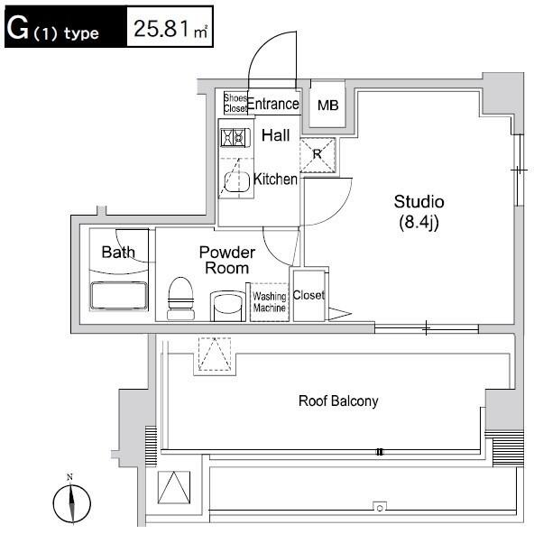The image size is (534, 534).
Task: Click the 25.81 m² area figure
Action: click(x=170, y=29)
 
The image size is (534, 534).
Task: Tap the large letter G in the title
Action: click(x=17, y=28)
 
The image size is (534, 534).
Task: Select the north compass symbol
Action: click(x=71, y=500)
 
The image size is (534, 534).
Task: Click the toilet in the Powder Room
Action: click(x=180, y=299)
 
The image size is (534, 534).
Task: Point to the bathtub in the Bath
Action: click(x=119, y=296)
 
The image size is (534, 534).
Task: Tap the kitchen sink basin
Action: click(x=236, y=182)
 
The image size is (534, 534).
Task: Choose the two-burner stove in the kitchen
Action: click(x=235, y=138)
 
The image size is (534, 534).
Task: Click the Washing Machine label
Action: click(x=270, y=302)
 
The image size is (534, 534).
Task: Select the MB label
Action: click(x=328, y=106)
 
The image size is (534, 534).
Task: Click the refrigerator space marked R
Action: click(x=318, y=154)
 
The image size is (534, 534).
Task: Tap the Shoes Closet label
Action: click(x=235, y=103)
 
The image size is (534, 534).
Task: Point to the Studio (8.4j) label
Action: click(x=419, y=212)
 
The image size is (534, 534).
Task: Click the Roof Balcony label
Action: click(x=338, y=400)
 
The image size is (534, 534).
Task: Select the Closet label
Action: click(x=308, y=295)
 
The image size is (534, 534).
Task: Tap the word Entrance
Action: click(x=273, y=104)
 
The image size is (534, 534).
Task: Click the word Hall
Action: click(x=275, y=135)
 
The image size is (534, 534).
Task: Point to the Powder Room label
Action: click(x=226, y=260)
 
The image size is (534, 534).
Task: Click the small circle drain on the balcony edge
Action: click(x=380, y=508)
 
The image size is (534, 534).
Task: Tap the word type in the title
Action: click(x=81, y=33)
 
